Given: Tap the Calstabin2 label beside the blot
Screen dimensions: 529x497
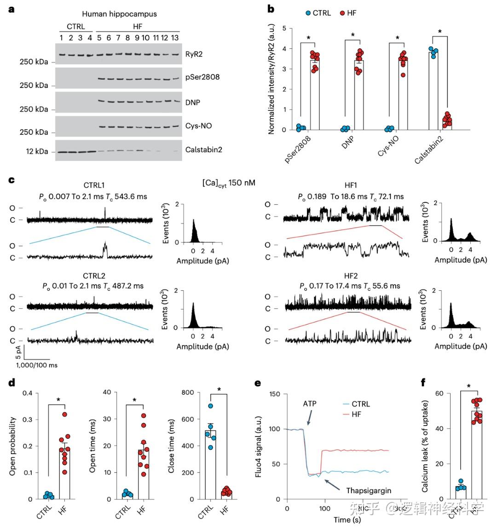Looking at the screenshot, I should click(x=204, y=149).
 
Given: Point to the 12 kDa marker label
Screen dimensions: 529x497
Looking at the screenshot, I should click(x=37, y=151).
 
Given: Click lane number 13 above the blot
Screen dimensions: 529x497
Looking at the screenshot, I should click(x=175, y=37).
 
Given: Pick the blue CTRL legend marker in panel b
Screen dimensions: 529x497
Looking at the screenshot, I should click(x=307, y=13).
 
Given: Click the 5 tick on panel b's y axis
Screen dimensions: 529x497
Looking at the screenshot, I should click(x=284, y=29).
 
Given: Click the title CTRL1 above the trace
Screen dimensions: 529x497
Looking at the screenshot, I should click(x=94, y=185).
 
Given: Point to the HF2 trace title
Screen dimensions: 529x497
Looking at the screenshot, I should click(x=351, y=276).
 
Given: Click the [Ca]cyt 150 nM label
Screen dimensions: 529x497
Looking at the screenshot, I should click(x=229, y=183).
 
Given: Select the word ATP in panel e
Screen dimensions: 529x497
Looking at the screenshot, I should click(x=310, y=404).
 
